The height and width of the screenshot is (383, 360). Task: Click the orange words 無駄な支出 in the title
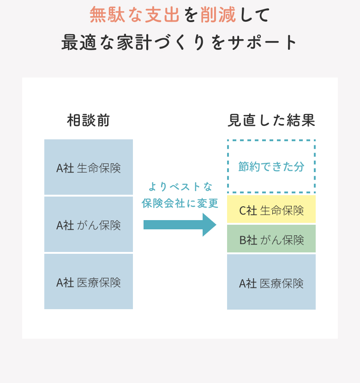click(135, 14)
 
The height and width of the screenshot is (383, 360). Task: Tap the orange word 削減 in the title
click(218, 14)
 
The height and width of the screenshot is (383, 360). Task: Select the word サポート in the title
click(262, 42)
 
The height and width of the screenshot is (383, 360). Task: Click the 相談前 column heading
click(89, 120)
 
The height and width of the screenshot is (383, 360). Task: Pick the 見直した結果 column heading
click(271, 120)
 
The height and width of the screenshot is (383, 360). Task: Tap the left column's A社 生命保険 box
click(89, 167)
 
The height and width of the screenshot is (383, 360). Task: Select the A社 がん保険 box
click(89, 224)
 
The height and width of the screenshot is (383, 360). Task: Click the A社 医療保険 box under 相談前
click(89, 281)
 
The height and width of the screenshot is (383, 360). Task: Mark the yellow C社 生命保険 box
click(271, 209)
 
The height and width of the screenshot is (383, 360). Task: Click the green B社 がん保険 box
click(271, 239)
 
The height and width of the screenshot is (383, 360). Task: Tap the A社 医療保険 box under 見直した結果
click(271, 282)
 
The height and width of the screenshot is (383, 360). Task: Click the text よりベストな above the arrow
click(180, 187)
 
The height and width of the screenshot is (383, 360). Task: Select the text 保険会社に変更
click(180, 203)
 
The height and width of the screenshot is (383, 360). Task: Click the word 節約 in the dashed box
click(249, 167)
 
